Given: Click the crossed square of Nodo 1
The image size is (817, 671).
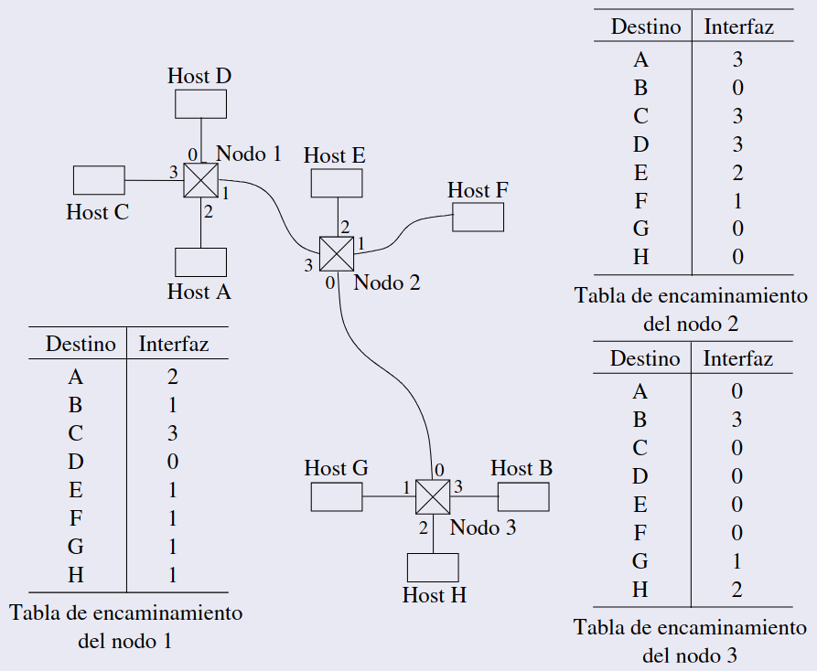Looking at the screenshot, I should click(x=200, y=180).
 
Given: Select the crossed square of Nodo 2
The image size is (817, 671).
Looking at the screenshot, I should click(x=336, y=252).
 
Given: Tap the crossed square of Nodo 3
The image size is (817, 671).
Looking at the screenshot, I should click(x=433, y=496).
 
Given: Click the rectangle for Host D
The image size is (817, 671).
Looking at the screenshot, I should click(x=200, y=103).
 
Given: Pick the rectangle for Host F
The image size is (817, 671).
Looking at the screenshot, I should click(x=478, y=217).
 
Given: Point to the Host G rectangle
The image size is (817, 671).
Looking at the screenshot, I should click(x=337, y=496).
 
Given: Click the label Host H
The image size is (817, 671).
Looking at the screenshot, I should click(x=435, y=595).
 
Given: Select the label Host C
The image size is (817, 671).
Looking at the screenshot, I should click(x=97, y=212).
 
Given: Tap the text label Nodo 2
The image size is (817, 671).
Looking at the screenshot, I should click(x=387, y=282).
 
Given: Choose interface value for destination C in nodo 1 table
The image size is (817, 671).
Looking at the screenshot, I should click(x=173, y=433).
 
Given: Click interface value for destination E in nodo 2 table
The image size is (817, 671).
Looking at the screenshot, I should click(x=737, y=173).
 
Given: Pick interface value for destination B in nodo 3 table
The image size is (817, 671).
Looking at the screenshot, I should click(x=737, y=420).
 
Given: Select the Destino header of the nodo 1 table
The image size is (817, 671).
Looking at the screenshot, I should click(x=81, y=345).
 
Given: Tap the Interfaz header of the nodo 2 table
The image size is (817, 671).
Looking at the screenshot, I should click(x=738, y=27).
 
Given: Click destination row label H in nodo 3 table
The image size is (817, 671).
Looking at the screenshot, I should click(x=640, y=590).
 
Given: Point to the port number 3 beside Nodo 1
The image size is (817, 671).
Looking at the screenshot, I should click(x=173, y=172).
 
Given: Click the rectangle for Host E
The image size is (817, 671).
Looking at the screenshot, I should click(x=337, y=183).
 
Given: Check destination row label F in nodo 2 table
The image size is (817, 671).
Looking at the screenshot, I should click(x=640, y=201).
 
